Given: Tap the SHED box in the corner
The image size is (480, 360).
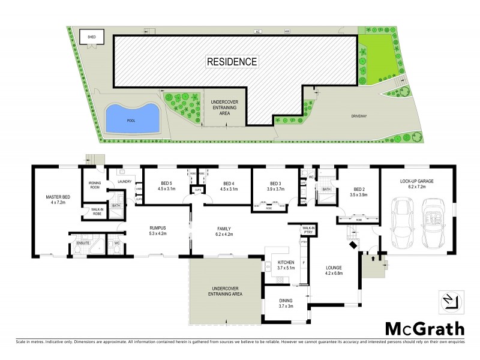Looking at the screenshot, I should tap(92, 36).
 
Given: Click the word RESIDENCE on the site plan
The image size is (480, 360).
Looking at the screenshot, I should tap(232, 61).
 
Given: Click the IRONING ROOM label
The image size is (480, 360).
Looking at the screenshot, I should tap(94, 184).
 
